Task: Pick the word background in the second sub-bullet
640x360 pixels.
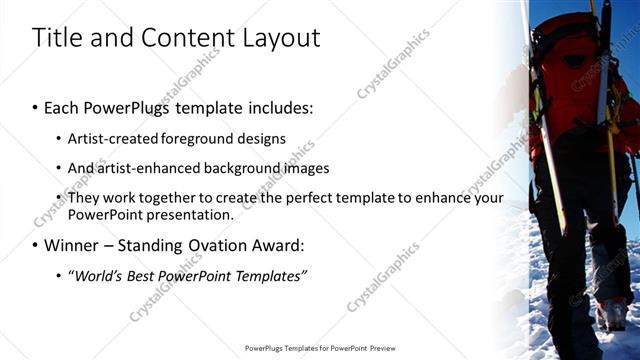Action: click(237, 168)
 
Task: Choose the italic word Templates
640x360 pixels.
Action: click(268, 275)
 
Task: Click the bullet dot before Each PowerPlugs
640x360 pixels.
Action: click(36, 107)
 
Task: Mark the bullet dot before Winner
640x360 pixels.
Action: click(36, 245)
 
